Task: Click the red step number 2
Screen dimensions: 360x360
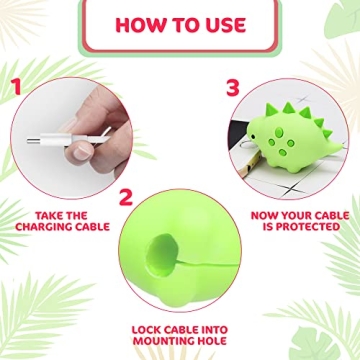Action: [x=125, y=197]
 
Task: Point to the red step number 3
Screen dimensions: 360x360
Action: [x=232, y=87]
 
